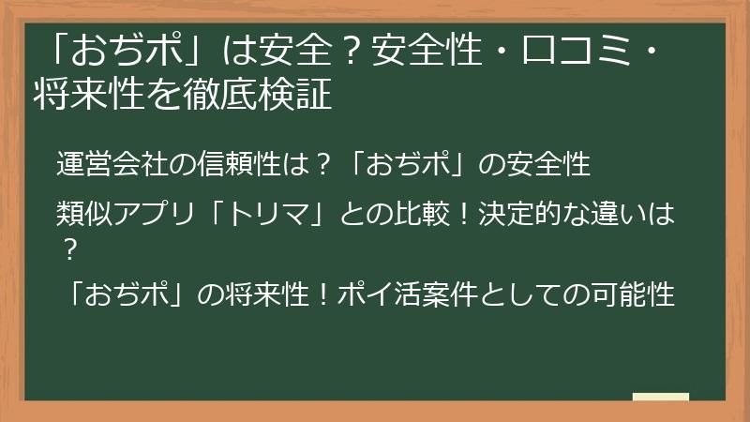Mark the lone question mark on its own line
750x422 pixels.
(68, 249)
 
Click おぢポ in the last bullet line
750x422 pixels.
(131, 296)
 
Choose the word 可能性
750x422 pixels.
(635, 296)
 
